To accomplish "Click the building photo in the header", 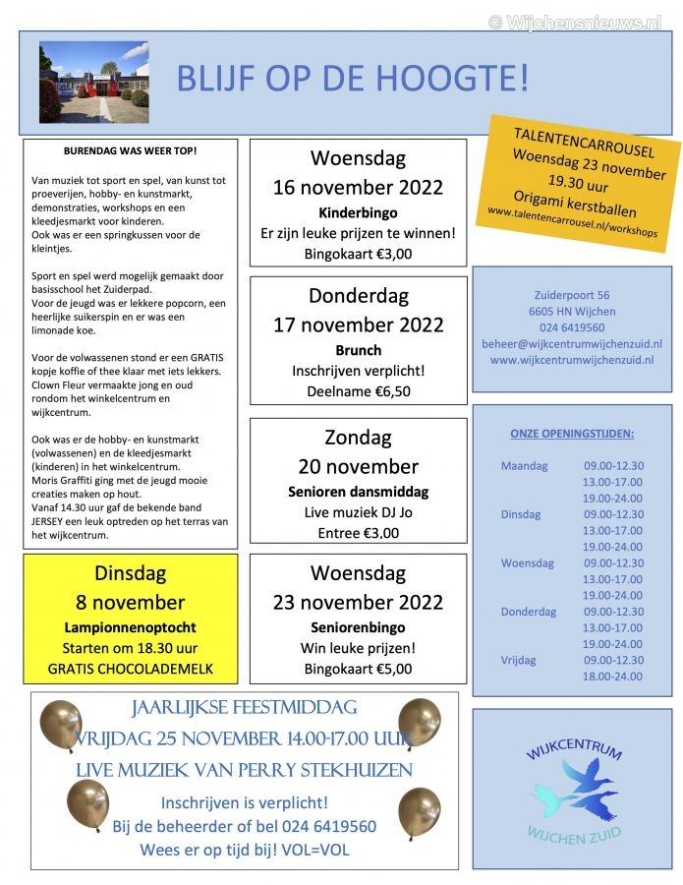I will (x=93, y=82).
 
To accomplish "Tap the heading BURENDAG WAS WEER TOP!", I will (x=130, y=151).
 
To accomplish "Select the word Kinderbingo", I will (x=358, y=212).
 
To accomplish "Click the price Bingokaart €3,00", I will (x=358, y=254).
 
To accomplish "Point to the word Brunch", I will (x=358, y=350).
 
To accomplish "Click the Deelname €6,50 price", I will (x=358, y=391).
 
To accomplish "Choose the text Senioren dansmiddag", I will (x=358, y=492).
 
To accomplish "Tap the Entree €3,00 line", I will (x=358, y=533).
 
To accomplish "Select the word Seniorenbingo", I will (x=358, y=627).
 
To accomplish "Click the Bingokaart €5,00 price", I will (x=358, y=670).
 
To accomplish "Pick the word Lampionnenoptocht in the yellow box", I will (x=130, y=627).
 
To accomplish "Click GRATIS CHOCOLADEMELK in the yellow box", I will (x=130, y=670).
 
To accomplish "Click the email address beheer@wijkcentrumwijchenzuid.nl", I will (x=572, y=344).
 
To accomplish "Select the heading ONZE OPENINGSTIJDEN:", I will (x=572, y=434).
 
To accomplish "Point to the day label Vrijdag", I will (x=519, y=660).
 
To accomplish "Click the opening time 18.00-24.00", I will (x=613, y=677).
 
